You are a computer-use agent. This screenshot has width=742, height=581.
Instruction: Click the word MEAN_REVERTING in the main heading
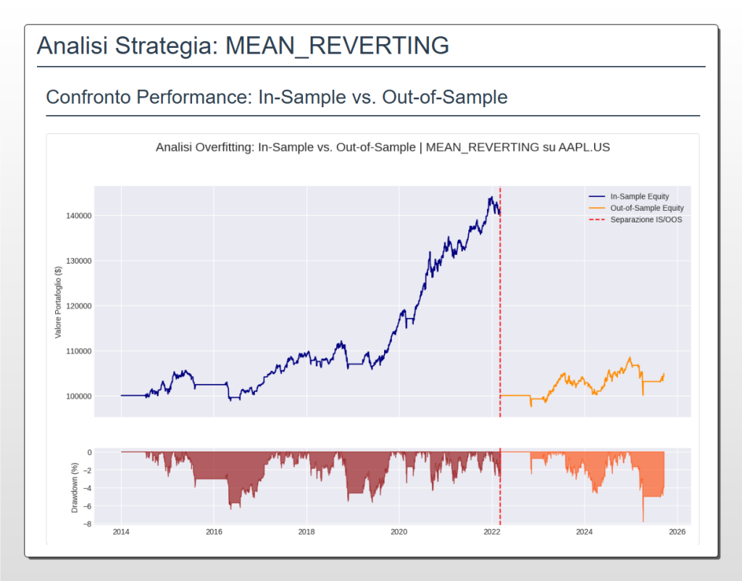point(337,46)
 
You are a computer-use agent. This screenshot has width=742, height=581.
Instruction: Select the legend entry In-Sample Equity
point(639,196)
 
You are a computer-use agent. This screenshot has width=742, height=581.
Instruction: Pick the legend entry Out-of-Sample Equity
point(646,208)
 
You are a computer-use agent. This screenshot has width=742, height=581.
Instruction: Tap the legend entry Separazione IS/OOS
point(646,220)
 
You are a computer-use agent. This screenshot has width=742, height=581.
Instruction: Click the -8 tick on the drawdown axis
point(86,524)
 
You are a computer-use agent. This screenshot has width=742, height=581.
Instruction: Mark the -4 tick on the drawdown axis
point(86,488)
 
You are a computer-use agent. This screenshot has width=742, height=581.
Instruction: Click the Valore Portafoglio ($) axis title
point(59,301)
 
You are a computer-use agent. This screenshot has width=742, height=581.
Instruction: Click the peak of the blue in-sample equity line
point(491,197)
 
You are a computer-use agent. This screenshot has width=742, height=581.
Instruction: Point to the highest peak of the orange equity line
point(630,357)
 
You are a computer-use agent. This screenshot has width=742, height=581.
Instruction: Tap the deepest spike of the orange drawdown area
point(643,521)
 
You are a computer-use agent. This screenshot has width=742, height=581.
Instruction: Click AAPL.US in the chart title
point(585,147)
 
